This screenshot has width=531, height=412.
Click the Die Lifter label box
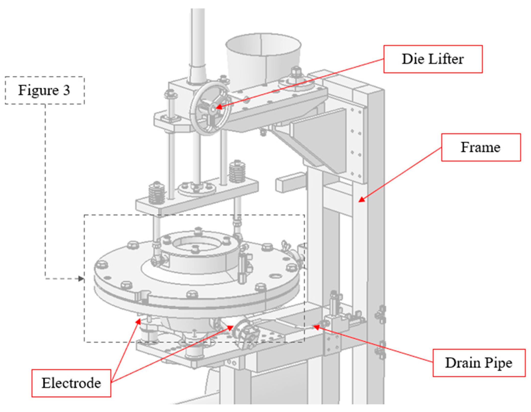tap(433, 59)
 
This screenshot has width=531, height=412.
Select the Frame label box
tap(481, 147)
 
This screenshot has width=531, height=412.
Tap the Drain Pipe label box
tap(479, 363)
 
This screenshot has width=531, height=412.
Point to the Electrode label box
tap(71, 383)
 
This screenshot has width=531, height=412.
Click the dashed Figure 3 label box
tap(44, 90)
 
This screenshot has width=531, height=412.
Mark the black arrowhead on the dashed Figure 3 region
tap(81, 279)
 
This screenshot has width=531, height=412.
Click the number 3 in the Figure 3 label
tap(66, 90)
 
